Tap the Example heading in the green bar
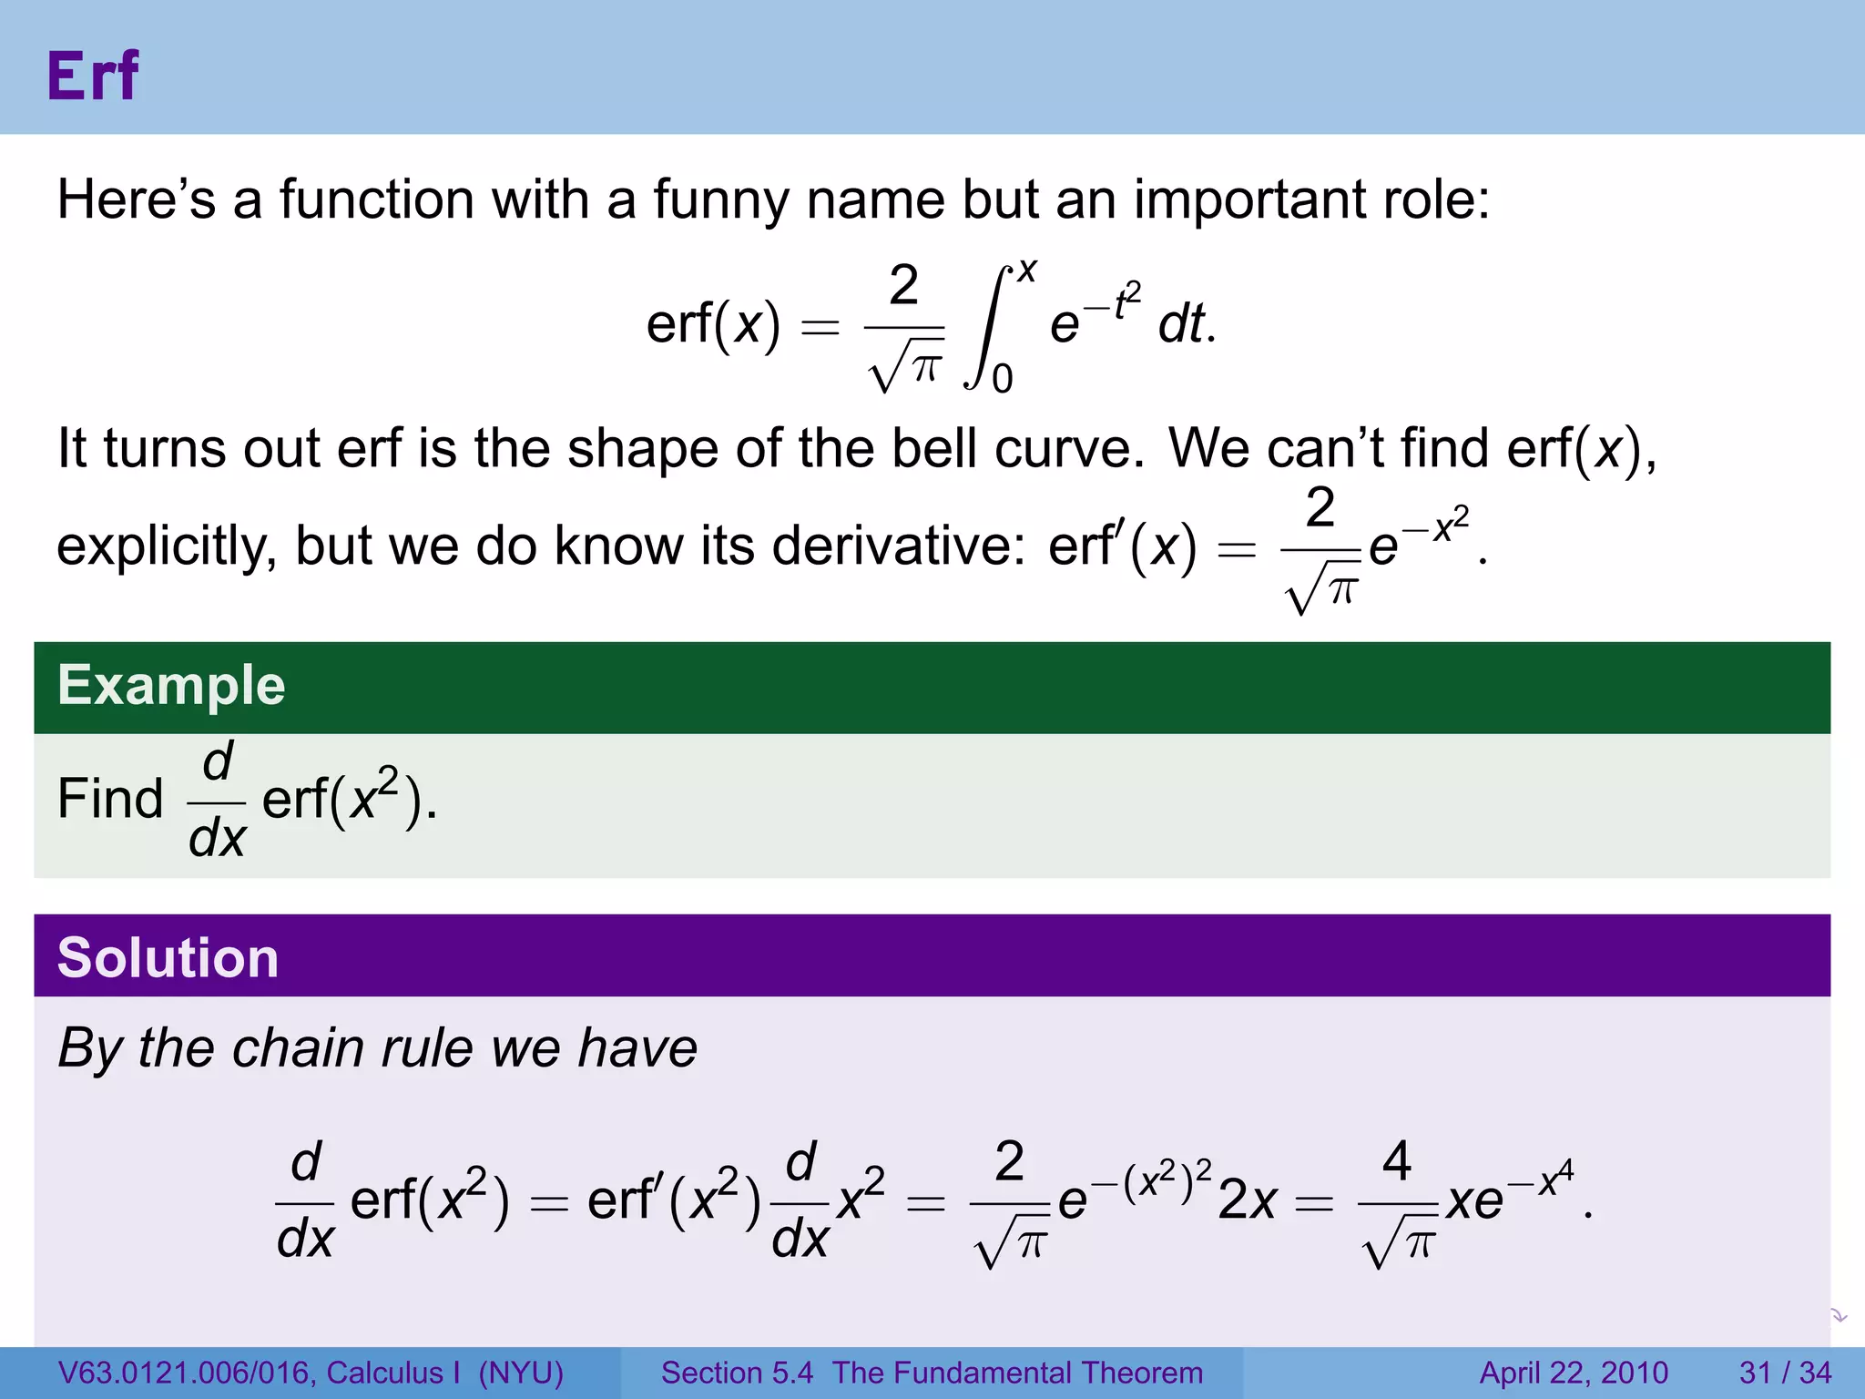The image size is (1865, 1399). pyautogui.click(x=171, y=685)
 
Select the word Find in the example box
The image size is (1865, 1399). pyautogui.click(x=110, y=799)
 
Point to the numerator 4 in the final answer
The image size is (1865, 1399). pyautogui.click(x=1396, y=1161)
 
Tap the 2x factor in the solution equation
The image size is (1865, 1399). pyautogui.click(x=1248, y=1200)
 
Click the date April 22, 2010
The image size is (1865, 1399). pyautogui.click(x=1574, y=1373)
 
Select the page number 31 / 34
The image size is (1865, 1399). pyautogui.click(x=1785, y=1373)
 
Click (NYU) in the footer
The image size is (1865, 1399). pyautogui.click(x=521, y=1373)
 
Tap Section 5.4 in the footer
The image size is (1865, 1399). pyautogui.click(x=737, y=1373)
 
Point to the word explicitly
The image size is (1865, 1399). pyautogui.click(x=166, y=546)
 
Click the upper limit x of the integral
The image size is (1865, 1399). pyautogui.click(x=1027, y=271)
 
